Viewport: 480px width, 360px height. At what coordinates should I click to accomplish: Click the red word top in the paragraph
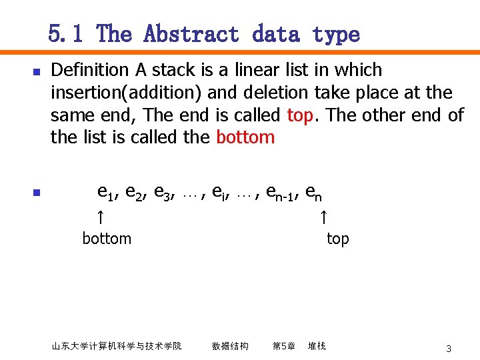pos(300,115)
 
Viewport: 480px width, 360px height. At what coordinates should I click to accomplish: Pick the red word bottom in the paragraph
pos(245,138)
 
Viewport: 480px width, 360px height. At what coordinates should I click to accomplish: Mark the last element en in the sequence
pos(314,193)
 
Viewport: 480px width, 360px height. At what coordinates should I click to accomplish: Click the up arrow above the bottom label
pos(99,217)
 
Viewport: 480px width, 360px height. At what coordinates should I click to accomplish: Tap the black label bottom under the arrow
pos(107,239)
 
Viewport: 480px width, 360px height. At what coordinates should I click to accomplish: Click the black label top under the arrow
pos(337,239)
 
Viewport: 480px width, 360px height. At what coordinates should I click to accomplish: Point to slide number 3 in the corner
pos(449,349)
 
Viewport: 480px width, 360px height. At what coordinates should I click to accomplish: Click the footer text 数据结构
pos(230,346)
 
